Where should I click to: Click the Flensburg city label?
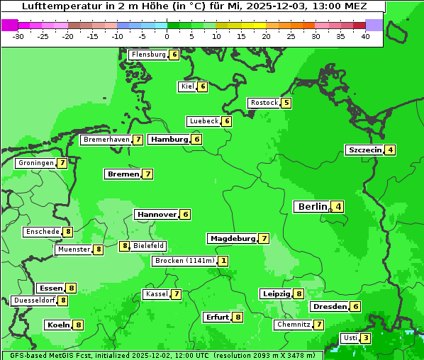[148, 55]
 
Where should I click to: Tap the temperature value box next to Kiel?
[202, 86]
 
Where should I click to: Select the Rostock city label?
[264, 103]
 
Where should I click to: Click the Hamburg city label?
[169, 140]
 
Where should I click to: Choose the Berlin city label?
[313, 207]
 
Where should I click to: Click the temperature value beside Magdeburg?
[264, 239]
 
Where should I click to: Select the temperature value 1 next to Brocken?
[223, 261]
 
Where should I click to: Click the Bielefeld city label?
[149, 246]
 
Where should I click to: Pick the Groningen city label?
[36, 163]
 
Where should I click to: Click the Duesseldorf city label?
[34, 300]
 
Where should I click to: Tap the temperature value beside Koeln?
[78, 325]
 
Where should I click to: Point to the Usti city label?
[350, 338]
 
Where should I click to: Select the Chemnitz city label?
[294, 325]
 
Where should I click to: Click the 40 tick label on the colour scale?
[364, 36]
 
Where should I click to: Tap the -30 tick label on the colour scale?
[18, 36]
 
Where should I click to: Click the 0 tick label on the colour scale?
[167, 36]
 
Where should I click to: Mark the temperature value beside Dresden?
[355, 307]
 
